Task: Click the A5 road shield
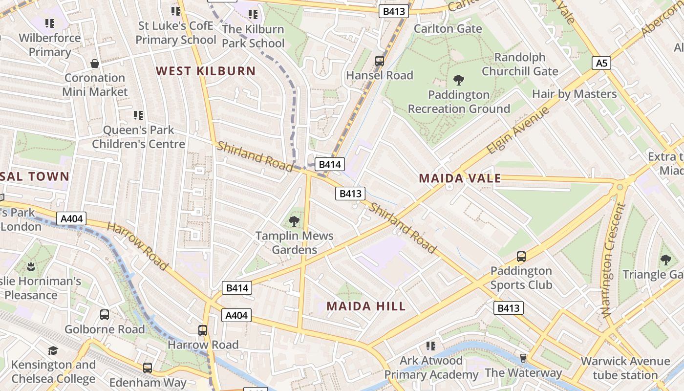point(602,63)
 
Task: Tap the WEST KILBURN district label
point(206,71)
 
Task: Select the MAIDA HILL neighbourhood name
point(366,306)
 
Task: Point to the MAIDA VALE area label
point(460,178)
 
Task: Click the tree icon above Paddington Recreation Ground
point(458,80)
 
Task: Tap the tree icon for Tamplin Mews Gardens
point(294,221)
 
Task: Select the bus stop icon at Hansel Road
point(380,61)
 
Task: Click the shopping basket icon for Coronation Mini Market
point(95,64)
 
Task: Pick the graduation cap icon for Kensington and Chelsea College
point(53,350)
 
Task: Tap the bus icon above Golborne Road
point(105,315)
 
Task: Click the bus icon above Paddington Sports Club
point(521,257)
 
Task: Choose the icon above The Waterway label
point(523,358)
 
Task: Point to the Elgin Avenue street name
point(518,130)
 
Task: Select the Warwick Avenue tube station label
point(625,368)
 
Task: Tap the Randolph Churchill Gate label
point(520,64)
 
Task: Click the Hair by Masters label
point(574,94)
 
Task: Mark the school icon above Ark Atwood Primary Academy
point(430,346)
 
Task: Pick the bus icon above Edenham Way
point(148,368)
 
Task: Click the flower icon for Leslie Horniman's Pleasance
point(31,266)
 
